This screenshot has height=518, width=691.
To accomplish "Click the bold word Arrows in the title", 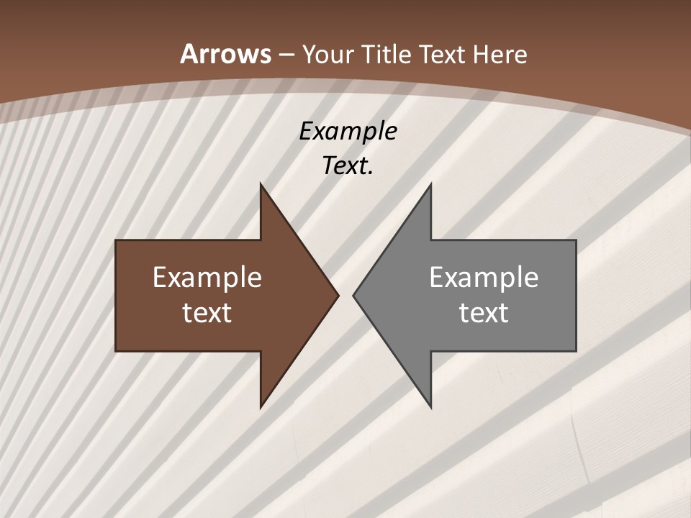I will tap(225, 54).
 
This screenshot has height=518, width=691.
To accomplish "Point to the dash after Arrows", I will tap(286, 55).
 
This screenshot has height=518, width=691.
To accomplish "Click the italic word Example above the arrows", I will tap(348, 131).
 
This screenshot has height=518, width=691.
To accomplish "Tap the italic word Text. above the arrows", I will tap(348, 165).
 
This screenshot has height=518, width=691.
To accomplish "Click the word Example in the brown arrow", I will tap(207, 278).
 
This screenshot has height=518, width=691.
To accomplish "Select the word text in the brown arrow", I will tap(207, 312).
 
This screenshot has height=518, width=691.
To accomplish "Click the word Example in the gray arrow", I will tap(484, 278).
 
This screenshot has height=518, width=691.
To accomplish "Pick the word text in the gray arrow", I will tap(484, 312).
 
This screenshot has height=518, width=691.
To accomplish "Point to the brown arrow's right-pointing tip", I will tap(338, 295).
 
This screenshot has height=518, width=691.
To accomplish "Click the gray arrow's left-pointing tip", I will tap(353, 295).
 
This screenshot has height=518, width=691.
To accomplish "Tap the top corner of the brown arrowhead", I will tap(261, 184).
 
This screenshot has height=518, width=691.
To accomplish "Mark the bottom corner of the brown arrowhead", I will tap(261, 407).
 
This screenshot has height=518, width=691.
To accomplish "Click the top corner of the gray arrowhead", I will tap(430, 184).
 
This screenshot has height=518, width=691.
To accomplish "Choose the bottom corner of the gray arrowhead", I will tap(430, 407).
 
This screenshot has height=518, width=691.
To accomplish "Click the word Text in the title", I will tap(441, 54).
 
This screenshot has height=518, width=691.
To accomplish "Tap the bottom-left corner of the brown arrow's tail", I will tap(117, 350).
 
